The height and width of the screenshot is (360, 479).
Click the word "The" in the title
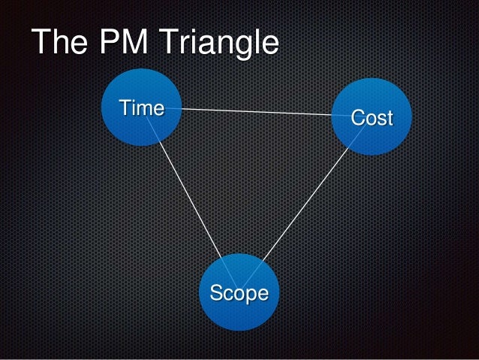(x=57, y=43)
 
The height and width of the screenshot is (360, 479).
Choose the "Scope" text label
(x=239, y=292)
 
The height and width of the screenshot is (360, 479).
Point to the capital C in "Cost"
(x=358, y=118)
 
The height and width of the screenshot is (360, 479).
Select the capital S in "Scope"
(x=216, y=292)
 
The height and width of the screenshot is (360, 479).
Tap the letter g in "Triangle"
(x=243, y=46)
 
